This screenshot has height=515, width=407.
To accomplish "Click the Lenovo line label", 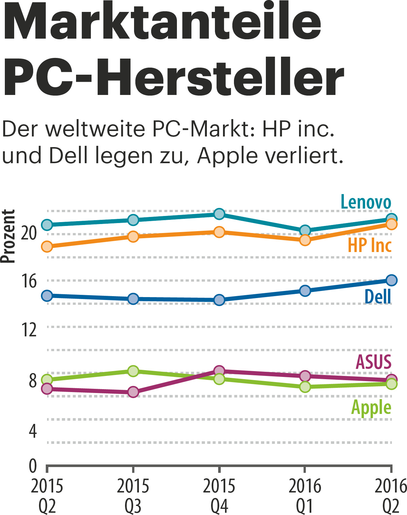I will pyautogui.click(x=366, y=202).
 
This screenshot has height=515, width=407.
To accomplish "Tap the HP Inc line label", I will pyautogui.click(x=370, y=245).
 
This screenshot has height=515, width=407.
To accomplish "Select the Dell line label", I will pyautogui.click(x=378, y=296).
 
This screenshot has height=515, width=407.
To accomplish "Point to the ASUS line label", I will pyautogui.click(x=373, y=362).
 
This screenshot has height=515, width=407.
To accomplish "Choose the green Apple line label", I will pyautogui.click(x=371, y=407).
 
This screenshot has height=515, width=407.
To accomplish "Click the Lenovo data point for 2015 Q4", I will pyautogui.click(x=219, y=214).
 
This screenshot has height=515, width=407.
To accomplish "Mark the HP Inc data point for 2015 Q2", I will pyautogui.click(x=47, y=247).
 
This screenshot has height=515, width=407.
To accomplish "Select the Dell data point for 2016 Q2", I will pyautogui.click(x=391, y=280).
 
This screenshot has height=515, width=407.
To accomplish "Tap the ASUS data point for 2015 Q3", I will pyautogui.click(x=133, y=392).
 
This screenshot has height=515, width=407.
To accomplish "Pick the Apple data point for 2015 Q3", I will pyautogui.click(x=133, y=371).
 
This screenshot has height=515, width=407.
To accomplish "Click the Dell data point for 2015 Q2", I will pyautogui.click(x=47, y=295).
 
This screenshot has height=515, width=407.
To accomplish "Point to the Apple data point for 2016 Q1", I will pyautogui.click(x=305, y=387).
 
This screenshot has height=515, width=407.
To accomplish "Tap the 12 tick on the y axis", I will pyautogui.click(x=29, y=330).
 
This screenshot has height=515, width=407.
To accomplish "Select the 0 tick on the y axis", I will pyautogui.click(x=33, y=466).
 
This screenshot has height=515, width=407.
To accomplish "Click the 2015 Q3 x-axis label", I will pyautogui.click(x=133, y=496).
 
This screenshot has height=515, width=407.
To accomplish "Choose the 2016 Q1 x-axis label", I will pyautogui.click(x=305, y=496).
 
